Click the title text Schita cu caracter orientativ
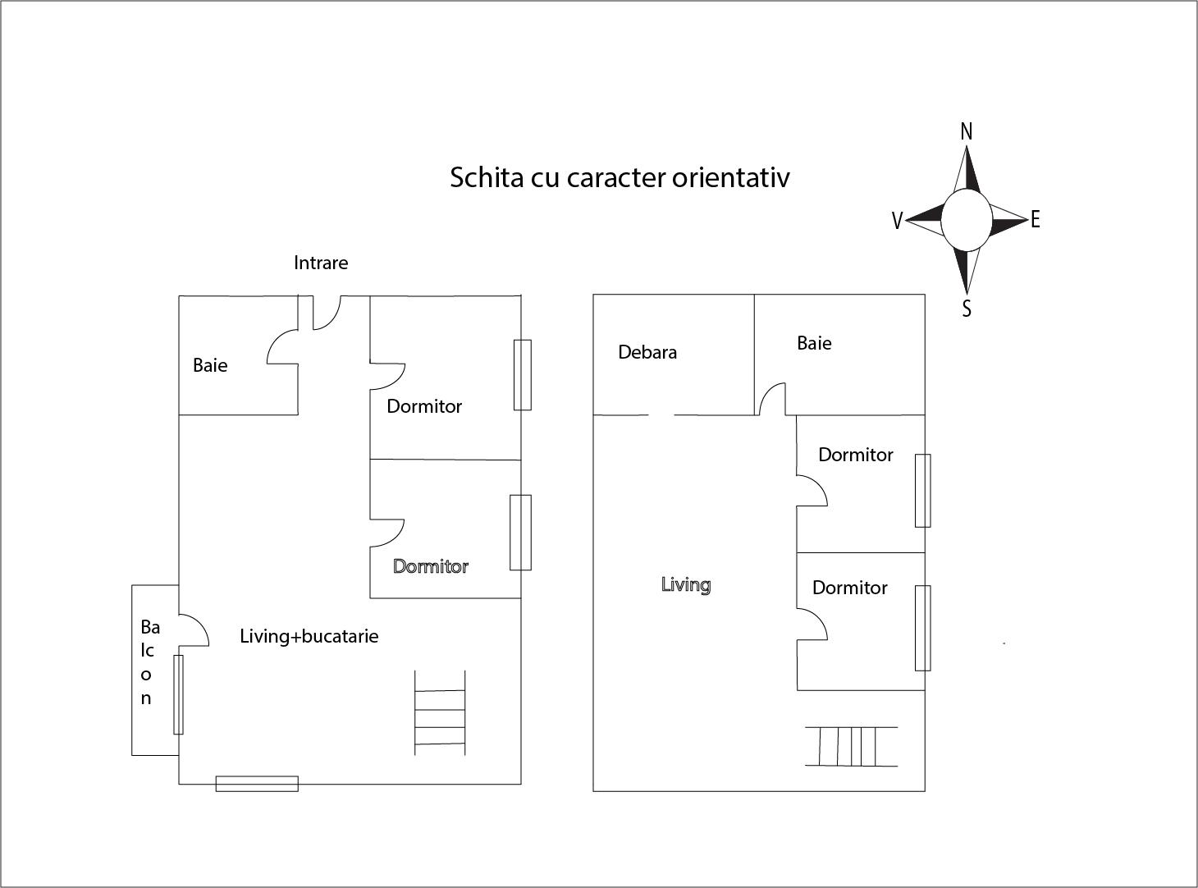point(620,178)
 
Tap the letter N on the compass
point(967,131)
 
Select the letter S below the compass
point(967,308)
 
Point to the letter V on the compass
point(897,221)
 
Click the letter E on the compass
point(1035,219)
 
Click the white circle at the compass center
point(967,219)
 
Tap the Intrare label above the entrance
point(321,263)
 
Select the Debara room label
point(647,352)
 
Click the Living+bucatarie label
point(309,636)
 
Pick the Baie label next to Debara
point(814,343)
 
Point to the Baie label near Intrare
point(210,365)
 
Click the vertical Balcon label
point(149,662)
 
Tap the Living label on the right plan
point(686,585)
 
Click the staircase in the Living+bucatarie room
point(440,712)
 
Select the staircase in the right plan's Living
point(851,746)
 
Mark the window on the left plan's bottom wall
point(257,784)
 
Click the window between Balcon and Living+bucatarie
point(178,694)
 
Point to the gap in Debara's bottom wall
point(661,415)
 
